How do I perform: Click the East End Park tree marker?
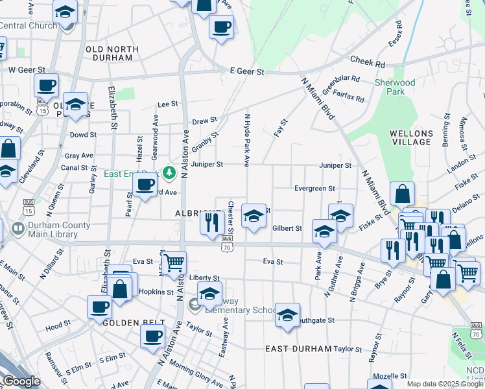[169, 172]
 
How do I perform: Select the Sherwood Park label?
[394, 87]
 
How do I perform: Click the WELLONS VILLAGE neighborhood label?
[411, 137]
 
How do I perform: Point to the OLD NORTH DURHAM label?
[112, 53]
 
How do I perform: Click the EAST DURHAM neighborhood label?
[299, 349]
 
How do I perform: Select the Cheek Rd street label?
[368, 62]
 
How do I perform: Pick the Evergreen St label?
[314, 189]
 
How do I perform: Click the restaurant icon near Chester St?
[211, 222]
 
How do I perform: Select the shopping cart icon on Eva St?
[173, 263]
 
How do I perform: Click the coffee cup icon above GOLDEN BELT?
[100, 306]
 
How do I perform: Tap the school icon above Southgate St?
[287, 314]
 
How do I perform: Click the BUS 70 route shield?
[226, 243]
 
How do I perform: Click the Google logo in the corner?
[21, 381]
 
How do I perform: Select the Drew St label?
[204, 121]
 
